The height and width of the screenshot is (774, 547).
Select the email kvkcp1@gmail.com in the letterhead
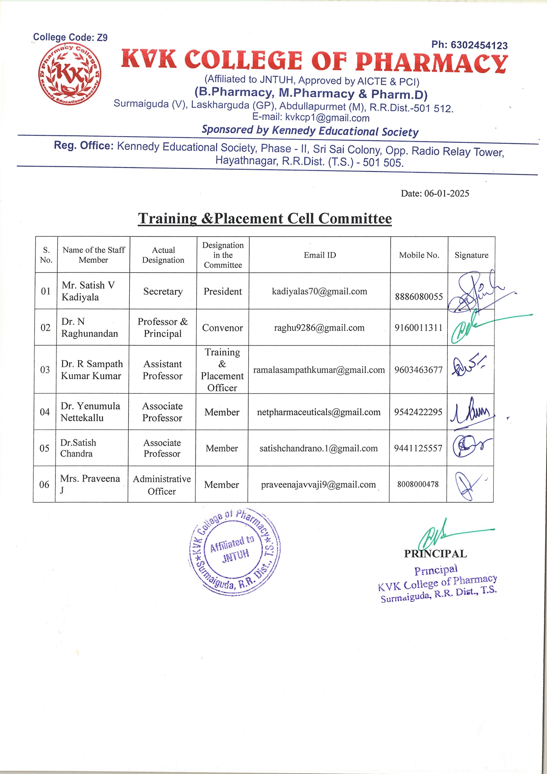(x=327, y=118)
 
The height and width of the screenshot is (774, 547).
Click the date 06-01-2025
(x=446, y=193)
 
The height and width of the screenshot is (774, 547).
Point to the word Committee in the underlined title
(x=355, y=219)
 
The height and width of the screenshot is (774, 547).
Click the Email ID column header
(x=320, y=255)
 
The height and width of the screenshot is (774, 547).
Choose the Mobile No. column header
(x=419, y=255)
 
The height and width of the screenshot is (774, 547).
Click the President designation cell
(x=222, y=291)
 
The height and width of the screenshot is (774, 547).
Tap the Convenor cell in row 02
(x=222, y=328)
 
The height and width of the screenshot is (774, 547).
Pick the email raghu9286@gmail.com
(x=319, y=328)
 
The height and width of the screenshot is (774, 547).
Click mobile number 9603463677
(x=418, y=370)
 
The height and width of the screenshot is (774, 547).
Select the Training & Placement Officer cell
(x=222, y=370)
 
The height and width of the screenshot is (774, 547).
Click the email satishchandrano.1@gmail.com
(x=318, y=448)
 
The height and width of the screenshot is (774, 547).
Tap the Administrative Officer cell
(x=162, y=485)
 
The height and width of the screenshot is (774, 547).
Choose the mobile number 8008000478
(x=418, y=484)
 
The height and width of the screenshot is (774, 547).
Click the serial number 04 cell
(x=45, y=412)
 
